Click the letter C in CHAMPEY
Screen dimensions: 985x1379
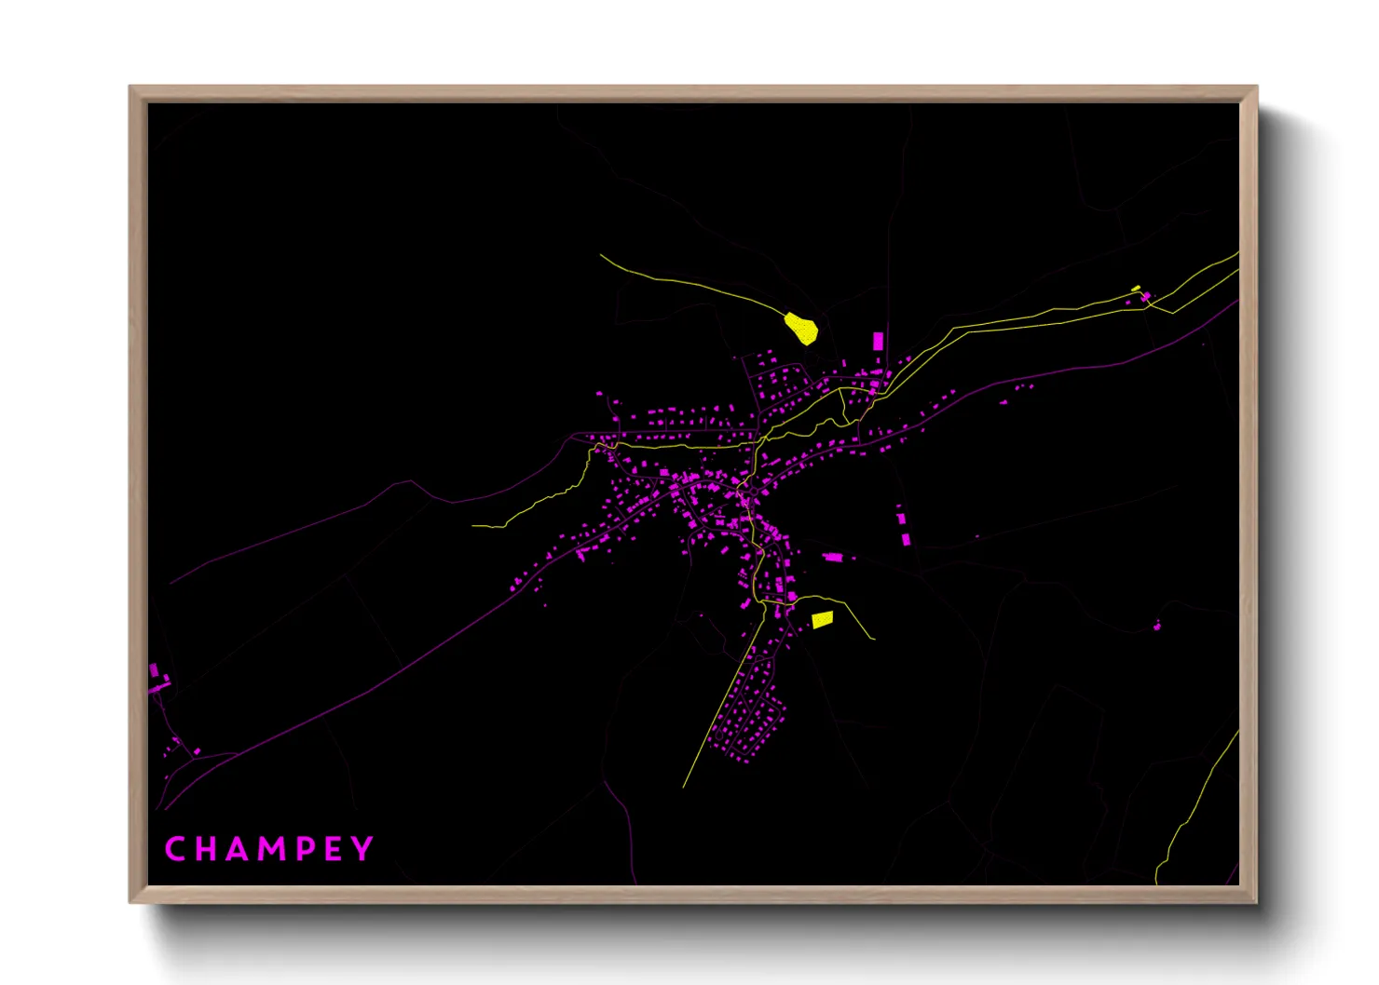click(x=174, y=849)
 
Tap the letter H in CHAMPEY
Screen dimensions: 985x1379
click(x=206, y=849)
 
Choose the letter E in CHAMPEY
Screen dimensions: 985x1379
click(x=333, y=849)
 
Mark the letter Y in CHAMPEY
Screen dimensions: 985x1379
click(x=362, y=849)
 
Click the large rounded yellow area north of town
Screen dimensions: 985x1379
click(x=801, y=329)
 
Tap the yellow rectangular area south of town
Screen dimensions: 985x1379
click(x=822, y=620)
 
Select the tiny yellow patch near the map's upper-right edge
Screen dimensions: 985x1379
click(x=1136, y=289)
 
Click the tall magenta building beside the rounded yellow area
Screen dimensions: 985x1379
click(x=878, y=341)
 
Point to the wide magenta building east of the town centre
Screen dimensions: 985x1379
click(x=833, y=558)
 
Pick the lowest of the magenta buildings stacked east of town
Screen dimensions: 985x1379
click(x=906, y=538)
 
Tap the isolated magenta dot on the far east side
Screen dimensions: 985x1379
click(x=1157, y=627)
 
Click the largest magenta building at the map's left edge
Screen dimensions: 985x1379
click(x=155, y=670)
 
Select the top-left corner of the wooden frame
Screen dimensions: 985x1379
click(x=130, y=87)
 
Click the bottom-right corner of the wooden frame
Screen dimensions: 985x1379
click(x=1257, y=902)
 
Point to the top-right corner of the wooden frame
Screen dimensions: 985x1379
click(x=1257, y=87)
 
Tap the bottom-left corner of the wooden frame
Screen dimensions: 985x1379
click(x=130, y=902)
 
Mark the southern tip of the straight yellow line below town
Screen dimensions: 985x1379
click(x=684, y=788)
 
